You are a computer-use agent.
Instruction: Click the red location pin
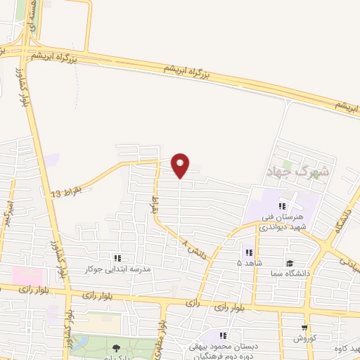pos(181,165)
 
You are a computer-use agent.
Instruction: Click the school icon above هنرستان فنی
pos(282,206)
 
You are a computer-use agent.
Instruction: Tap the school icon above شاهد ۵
pos(248,252)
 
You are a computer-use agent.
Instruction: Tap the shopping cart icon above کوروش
pos(304,328)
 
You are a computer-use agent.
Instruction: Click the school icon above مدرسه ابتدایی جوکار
pos(117,258)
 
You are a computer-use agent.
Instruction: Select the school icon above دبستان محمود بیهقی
pos(224,335)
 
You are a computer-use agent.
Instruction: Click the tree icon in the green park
pos(114,347)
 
